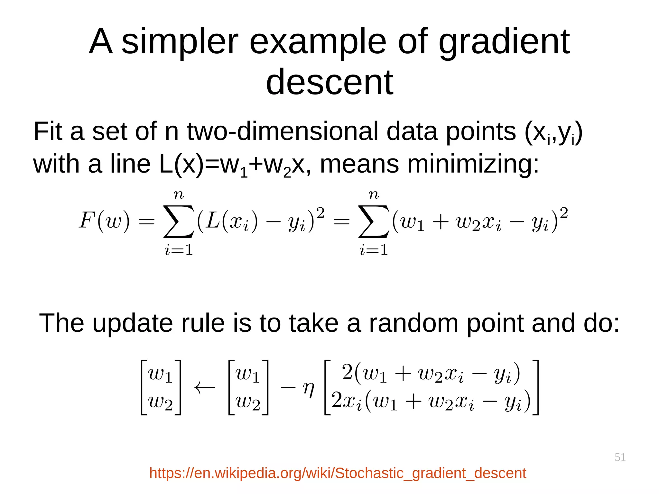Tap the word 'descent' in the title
click(x=329, y=83)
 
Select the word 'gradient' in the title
click(x=504, y=42)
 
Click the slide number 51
click(x=620, y=457)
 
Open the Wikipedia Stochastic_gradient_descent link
click(x=338, y=473)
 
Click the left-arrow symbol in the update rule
click(x=205, y=388)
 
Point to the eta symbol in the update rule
click(x=309, y=389)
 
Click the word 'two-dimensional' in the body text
click(x=283, y=132)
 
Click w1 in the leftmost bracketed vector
click(x=160, y=375)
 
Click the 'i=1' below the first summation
click(x=179, y=250)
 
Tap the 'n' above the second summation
click(x=374, y=194)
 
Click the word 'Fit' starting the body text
click(x=48, y=132)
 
